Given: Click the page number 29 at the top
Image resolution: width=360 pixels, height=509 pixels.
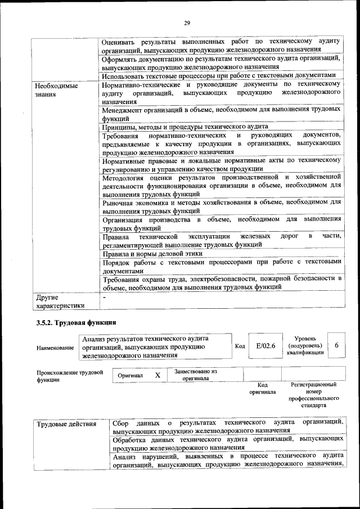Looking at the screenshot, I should [187, 23].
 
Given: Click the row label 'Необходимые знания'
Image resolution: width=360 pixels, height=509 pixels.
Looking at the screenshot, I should [56, 91].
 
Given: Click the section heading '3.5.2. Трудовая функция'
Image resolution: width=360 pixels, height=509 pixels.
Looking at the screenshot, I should [76, 323].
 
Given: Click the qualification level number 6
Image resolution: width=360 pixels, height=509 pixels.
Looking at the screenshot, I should [336, 346].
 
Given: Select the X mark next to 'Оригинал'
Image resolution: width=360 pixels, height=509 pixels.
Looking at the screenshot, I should [158, 375].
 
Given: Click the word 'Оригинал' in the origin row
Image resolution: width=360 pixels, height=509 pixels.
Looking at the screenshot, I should [131, 375].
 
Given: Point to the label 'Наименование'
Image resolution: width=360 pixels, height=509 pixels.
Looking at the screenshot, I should [55, 348].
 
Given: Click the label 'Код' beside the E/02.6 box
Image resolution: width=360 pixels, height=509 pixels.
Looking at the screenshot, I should [240, 346].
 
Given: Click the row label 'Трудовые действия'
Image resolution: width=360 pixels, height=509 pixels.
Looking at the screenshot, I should [66, 424].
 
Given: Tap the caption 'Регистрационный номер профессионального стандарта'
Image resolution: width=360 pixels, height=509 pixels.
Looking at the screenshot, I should [313, 394].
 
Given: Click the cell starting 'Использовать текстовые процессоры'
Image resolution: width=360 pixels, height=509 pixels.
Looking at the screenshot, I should [219, 75].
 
